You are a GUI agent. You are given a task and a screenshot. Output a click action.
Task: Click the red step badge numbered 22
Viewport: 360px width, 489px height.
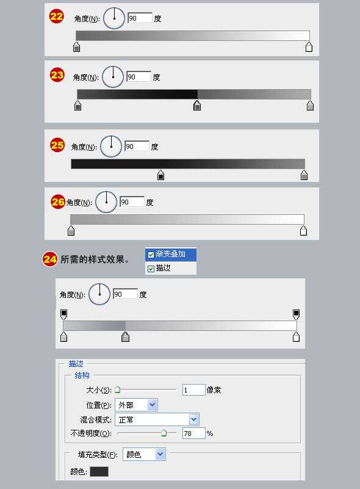[x=57, y=16]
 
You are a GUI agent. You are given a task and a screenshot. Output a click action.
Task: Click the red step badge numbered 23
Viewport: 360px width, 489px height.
[x=57, y=75]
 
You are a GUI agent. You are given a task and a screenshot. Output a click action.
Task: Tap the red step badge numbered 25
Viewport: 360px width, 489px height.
[x=57, y=145]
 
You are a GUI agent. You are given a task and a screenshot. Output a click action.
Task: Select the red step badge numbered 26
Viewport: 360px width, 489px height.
[x=58, y=201]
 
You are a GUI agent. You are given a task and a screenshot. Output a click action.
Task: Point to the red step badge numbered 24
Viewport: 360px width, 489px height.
[x=50, y=259]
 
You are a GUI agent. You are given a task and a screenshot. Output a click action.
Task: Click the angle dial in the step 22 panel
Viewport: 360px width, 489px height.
[x=113, y=18]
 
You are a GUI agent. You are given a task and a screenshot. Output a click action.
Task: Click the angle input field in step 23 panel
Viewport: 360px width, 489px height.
[x=139, y=77]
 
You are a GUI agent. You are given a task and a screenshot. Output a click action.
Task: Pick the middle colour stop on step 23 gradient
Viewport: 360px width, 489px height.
[x=197, y=106]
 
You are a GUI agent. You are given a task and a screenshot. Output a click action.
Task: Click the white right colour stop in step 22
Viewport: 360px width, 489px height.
[x=309, y=47]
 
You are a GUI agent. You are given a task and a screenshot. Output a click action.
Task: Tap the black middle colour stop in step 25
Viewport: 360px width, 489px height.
[x=160, y=175]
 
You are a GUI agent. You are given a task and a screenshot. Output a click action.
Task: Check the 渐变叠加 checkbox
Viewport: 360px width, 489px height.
[x=151, y=255]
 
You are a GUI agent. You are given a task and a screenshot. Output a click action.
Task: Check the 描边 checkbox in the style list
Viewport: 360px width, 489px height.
[x=151, y=268]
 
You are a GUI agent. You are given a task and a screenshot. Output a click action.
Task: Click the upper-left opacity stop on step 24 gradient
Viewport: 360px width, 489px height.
[x=63, y=314]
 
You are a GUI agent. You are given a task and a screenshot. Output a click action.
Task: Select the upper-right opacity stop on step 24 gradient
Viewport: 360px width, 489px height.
[x=297, y=314]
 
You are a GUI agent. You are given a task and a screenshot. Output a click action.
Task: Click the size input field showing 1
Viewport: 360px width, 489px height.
[x=193, y=389]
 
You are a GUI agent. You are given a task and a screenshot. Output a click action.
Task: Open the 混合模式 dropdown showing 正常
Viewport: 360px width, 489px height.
[x=157, y=419]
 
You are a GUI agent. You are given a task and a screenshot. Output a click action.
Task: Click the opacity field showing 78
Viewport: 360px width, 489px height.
[x=193, y=433]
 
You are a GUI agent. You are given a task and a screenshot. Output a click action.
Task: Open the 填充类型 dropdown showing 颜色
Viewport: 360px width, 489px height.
[x=144, y=454]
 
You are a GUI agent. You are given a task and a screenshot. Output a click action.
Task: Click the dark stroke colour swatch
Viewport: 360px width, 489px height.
[x=99, y=471]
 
